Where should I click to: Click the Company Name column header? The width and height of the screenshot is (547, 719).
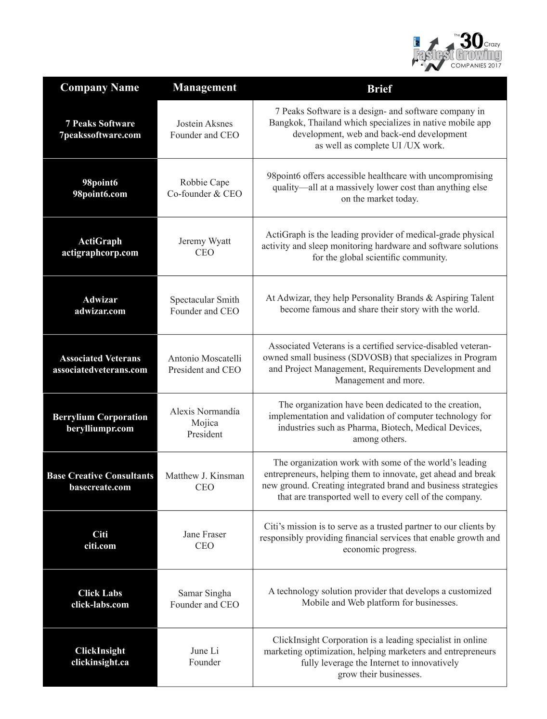tap(100, 87)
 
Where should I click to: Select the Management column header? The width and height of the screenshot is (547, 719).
tap(205, 87)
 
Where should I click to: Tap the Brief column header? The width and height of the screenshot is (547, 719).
tap(379, 89)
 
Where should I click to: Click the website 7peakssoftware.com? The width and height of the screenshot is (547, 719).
tap(100, 135)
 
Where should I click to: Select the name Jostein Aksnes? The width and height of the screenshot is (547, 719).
tap(205, 123)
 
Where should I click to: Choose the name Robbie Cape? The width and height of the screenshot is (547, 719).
tap(205, 182)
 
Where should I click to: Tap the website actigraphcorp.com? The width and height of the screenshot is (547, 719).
tap(100, 253)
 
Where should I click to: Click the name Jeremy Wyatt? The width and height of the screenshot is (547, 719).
tap(205, 241)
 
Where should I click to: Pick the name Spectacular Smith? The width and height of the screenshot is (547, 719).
tap(205, 299)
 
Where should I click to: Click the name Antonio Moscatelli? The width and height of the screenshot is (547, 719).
tap(205, 358)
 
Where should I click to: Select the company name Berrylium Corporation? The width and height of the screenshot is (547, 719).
tap(100, 417)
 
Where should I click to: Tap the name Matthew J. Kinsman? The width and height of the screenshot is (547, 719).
tap(205, 475)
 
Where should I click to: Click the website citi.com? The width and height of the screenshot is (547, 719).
tap(100, 546)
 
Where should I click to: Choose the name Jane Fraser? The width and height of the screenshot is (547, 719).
tap(205, 534)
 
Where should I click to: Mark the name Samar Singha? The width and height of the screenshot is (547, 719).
tap(205, 593)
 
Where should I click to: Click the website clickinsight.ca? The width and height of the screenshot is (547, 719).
tap(100, 662)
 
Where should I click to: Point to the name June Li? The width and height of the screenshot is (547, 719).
tap(205, 651)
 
